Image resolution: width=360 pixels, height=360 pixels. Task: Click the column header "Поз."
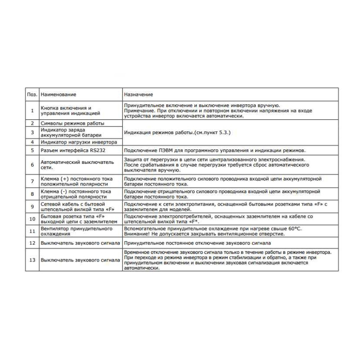[31, 94]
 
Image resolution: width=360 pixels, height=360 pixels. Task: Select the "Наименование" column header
[58, 94]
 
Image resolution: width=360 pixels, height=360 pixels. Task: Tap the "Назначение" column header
[139, 94]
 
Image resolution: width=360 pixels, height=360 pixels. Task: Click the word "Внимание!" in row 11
[137, 234]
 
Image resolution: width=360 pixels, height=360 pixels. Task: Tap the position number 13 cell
[32, 260]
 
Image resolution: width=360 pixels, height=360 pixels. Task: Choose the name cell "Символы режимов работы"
[72, 123]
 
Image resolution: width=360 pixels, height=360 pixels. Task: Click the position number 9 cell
[32, 207]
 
